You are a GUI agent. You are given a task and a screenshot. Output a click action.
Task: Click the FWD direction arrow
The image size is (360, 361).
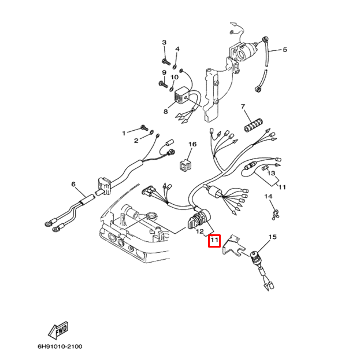[x=58, y=331]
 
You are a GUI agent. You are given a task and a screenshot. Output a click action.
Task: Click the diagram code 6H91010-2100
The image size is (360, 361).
[x=60, y=347]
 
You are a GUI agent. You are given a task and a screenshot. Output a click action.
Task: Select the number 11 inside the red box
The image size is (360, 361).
[x=214, y=240]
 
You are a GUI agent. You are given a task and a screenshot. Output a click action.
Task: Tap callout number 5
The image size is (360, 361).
[x=284, y=50]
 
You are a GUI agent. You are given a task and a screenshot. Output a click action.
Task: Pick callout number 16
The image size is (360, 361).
[x=192, y=145]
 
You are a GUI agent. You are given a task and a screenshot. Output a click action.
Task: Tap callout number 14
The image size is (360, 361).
[x=268, y=197]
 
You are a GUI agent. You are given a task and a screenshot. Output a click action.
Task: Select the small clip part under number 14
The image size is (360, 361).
[x=276, y=215]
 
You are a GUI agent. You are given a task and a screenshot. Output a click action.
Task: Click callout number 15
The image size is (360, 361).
[x=273, y=237]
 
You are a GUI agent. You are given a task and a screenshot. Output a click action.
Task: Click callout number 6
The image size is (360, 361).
[x=73, y=185]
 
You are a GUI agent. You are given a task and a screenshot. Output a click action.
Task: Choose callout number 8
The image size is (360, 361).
[x=165, y=111]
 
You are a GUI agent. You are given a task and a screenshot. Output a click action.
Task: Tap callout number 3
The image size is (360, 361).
[x=164, y=43]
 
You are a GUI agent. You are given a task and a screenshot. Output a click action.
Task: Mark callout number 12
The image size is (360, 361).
[x=201, y=231]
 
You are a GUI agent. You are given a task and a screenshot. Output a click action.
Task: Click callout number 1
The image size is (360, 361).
[x=123, y=133]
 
